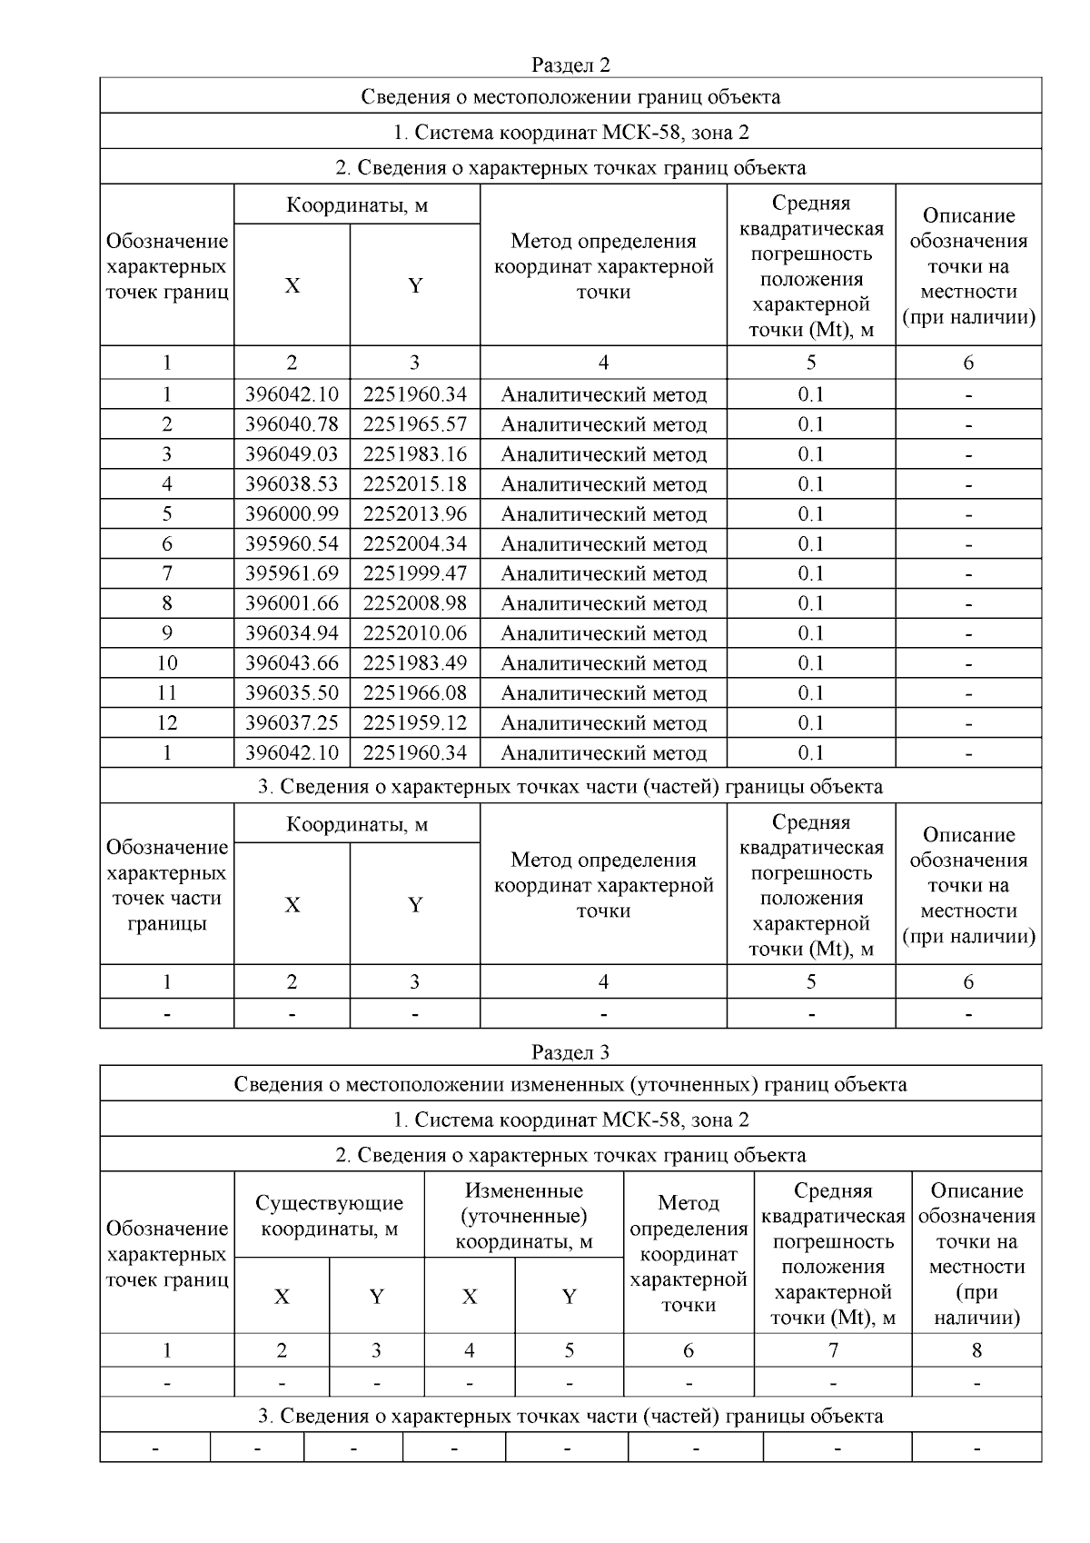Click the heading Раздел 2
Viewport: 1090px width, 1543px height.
(x=570, y=65)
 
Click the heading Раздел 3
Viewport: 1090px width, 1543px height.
(x=570, y=1052)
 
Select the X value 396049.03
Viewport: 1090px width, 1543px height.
(x=292, y=454)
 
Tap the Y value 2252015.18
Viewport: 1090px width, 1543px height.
(x=414, y=484)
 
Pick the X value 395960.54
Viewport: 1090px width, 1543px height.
(x=292, y=544)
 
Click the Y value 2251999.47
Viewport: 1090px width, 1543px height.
(x=414, y=573)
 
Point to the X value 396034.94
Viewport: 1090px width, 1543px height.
(x=292, y=633)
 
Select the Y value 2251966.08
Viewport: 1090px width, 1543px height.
(x=414, y=693)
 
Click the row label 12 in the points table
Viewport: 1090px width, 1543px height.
(x=167, y=723)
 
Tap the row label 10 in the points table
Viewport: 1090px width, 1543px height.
(x=167, y=663)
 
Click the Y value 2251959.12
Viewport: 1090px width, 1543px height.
(x=414, y=723)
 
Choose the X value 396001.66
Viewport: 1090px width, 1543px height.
(x=292, y=603)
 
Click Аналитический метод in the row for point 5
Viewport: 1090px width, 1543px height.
(x=603, y=514)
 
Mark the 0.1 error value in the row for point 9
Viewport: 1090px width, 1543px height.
(x=810, y=633)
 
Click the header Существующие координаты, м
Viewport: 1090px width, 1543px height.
(x=329, y=1216)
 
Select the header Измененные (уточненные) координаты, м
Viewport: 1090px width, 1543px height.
(x=523, y=1216)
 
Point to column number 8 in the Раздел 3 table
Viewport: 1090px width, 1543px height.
(x=976, y=1350)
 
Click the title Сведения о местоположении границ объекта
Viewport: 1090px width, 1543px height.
(x=570, y=96)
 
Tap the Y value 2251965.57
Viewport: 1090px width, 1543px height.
(x=414, y=424)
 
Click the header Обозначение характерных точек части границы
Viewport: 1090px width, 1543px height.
(x=167, y=885)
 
